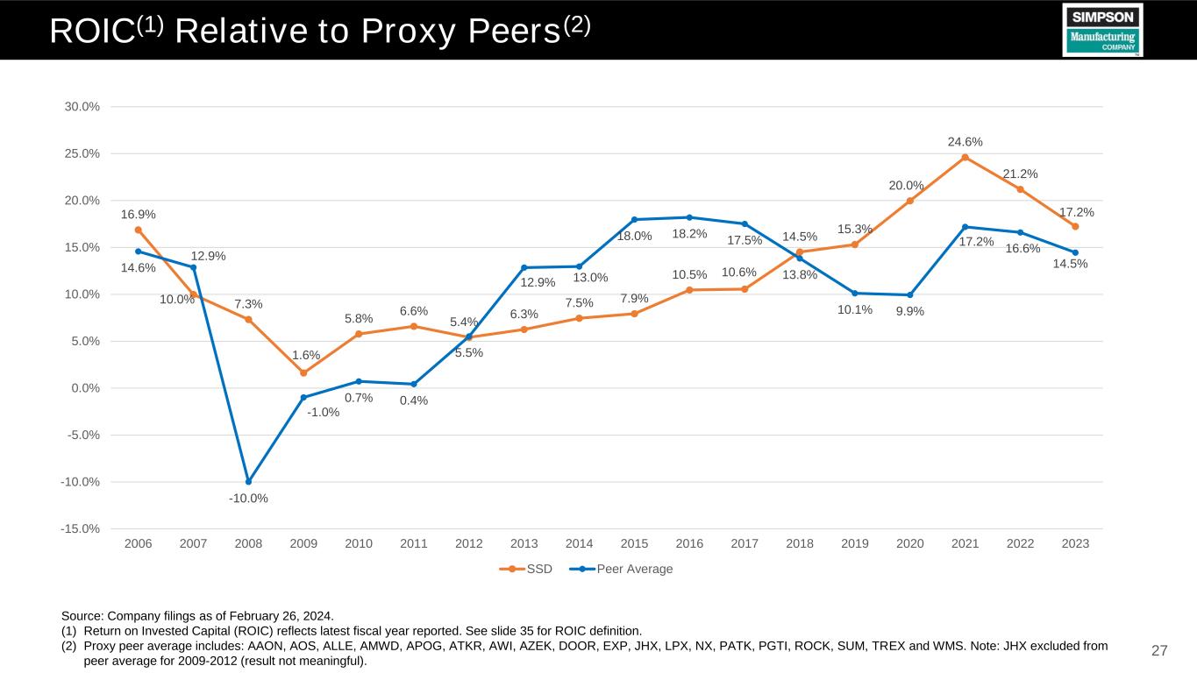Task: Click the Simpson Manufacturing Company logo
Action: (x=1102, y=30)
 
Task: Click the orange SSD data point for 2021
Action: (x=965, y=158)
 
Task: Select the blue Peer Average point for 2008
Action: (x=248, y=482)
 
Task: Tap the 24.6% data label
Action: (x=965, y=141)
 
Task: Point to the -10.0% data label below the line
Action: (x=248, y=499)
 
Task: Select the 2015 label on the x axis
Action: (x=634, y=544)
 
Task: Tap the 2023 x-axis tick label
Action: (x=1075, y=544)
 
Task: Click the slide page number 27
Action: (x=1159, y=650)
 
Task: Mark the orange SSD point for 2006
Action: (x=139, y=230)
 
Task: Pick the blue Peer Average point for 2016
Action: (x=689, y=217)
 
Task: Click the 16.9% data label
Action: (x=138, y=214)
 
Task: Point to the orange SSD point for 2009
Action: (x=303, y=373)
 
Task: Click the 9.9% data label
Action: (x=910, y=310)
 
